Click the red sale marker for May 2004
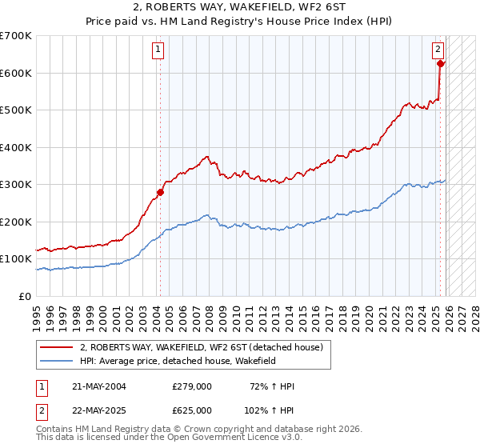click(160, 192)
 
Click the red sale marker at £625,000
click(440, 63)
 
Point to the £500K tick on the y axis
click(16, 110)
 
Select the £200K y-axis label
click(16, 222)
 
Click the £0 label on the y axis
click(24, 296)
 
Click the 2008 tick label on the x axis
click(207, 313)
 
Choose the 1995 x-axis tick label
click(36, 313)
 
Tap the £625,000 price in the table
click(192, 410)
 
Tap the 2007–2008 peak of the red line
click(206, 157)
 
